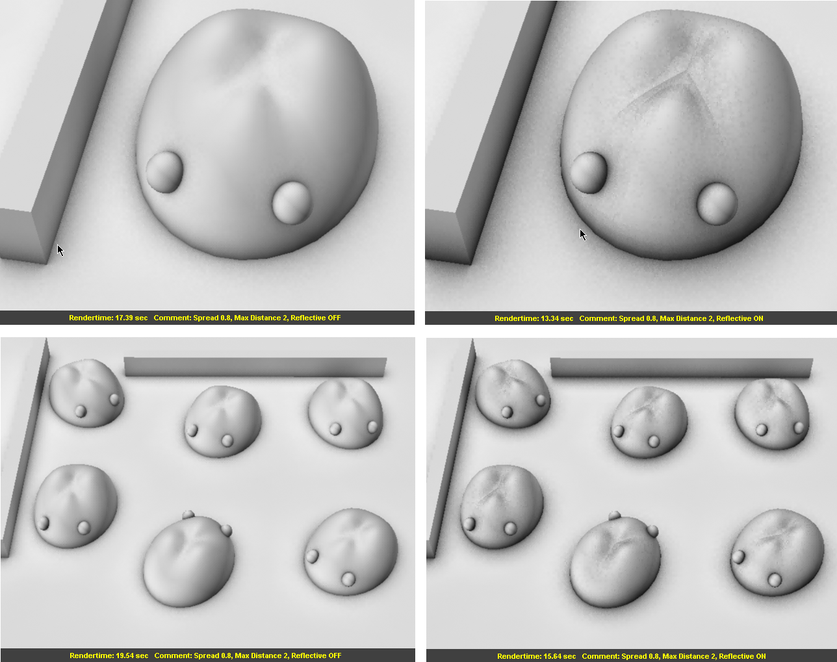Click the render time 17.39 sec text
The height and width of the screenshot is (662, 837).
pos(108,318)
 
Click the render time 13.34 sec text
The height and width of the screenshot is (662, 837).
pos(534,318)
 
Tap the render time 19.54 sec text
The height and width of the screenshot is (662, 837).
pos(109,656)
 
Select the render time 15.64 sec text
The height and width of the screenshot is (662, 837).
pos(536,656)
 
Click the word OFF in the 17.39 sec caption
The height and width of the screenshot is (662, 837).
pos(334,318)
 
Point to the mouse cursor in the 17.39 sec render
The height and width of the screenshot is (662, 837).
pos(60,249)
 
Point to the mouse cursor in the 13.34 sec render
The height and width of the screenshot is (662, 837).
pos(582,234)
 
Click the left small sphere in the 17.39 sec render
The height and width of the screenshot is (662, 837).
pos(164,172)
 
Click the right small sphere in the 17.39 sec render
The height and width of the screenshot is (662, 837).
pos(291,202)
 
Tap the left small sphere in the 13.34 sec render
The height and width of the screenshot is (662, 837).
pos(589,172)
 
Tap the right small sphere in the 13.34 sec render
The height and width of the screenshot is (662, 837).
pos(716,203)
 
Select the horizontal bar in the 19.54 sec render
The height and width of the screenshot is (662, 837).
pos(255,367)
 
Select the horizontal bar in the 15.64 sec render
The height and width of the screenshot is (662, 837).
pos(681,368)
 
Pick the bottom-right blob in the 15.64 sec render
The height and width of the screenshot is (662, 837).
pos(777,552)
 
